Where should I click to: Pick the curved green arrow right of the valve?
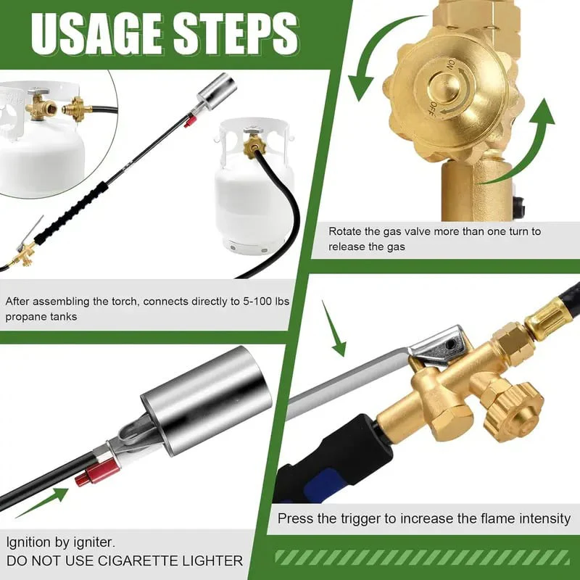pyautogui.click(x=522, y=145)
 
